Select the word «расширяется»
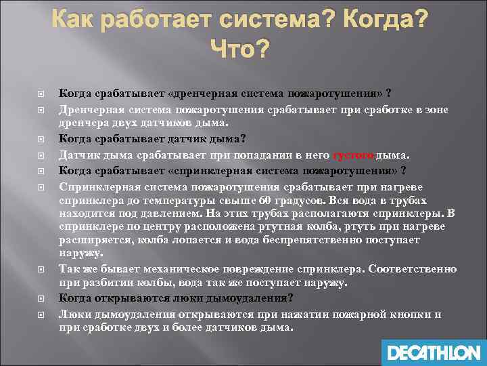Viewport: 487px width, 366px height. tap(91, 240)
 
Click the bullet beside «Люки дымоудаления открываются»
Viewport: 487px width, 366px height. tap(41, 314)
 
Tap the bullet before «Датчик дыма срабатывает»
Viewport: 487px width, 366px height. tap(41, 155)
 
